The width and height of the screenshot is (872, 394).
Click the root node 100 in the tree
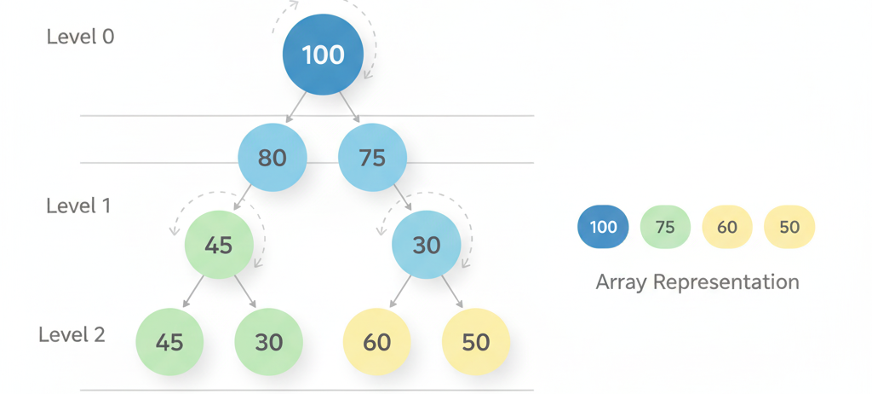click(324, 55)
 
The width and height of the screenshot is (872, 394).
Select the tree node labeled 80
click(272, 158)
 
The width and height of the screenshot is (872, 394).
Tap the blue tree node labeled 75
click(373, 158)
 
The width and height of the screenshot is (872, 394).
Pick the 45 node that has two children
click(219, 245)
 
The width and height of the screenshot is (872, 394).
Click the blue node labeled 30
click(427, 245)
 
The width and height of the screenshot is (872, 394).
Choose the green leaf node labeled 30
click(269, 342)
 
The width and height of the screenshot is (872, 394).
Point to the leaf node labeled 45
click(169, 342)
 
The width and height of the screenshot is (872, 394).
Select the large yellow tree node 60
click(377, 342)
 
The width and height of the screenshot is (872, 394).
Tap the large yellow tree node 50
click(476, 342)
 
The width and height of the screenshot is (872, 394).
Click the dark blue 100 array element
click(603, 227)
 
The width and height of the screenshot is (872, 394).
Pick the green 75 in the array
click(665, 227)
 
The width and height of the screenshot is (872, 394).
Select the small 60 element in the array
click(727, 227)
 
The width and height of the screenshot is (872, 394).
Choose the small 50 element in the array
click(789, 227)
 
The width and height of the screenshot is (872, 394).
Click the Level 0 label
click(80, 37)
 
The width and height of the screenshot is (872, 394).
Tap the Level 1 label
click(78, 206)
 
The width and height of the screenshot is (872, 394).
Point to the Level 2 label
click(72, 334)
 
